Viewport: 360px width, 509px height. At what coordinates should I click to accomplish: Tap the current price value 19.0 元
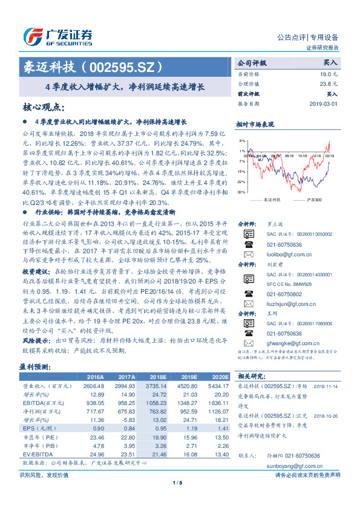click(x=329, y=73)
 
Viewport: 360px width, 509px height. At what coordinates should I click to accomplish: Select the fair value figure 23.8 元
click(x=329, y=83)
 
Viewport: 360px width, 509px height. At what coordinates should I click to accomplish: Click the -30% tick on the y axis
click(x=241, y=192)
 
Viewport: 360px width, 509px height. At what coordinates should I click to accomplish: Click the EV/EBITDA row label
click(x=35, y=453)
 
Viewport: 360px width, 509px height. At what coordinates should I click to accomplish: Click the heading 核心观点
click(x=44, y=108)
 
